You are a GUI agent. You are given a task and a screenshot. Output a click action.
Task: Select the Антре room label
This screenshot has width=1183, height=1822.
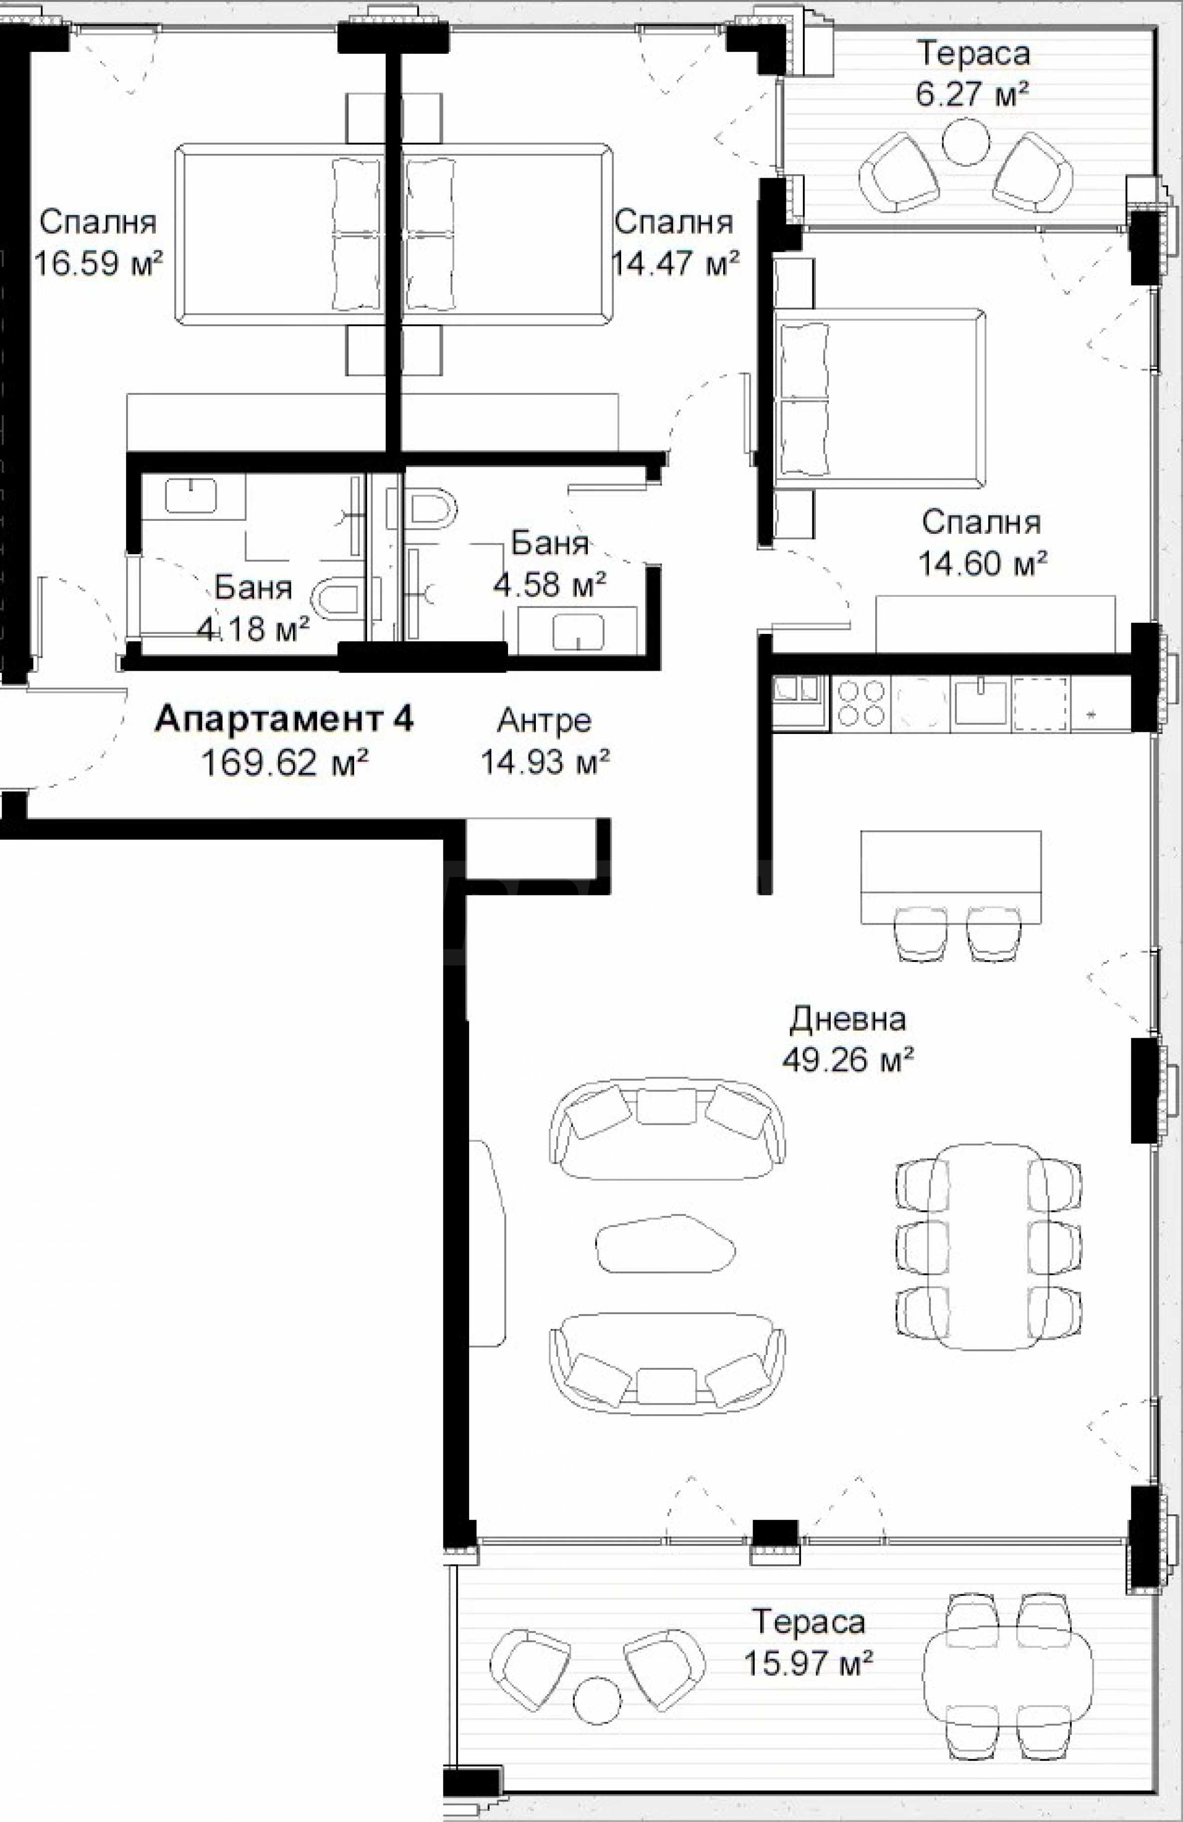click(x=544, y=721)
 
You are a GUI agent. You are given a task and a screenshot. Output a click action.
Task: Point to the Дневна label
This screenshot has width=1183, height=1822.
click(x=848, y=1019)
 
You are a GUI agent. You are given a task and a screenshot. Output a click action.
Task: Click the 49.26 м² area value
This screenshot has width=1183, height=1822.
click(x=848, y=1060)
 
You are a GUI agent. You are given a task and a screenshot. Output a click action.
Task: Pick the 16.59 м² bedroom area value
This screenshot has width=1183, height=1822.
click(x=98, y=264)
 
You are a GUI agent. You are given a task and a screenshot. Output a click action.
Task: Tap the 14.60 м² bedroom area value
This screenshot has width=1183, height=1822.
click(x=982, y=564)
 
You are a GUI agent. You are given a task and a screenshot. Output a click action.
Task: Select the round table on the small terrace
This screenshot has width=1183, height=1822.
click(x=965, y=143)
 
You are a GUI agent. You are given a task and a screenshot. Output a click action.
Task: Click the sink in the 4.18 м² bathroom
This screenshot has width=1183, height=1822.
click(x=191, y=495)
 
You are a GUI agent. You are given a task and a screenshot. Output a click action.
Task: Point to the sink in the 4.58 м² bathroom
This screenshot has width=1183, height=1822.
click(x=577, y=631)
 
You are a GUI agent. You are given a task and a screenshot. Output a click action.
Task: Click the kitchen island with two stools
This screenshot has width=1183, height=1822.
click(x=951, y=878)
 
